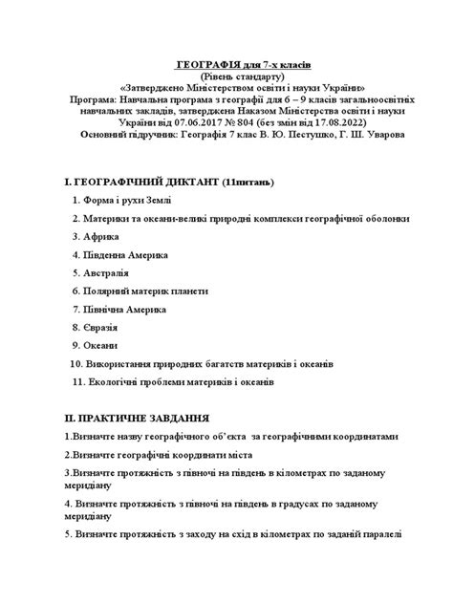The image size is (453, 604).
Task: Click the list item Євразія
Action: [103, 328]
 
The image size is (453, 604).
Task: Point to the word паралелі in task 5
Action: [379, 536]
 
